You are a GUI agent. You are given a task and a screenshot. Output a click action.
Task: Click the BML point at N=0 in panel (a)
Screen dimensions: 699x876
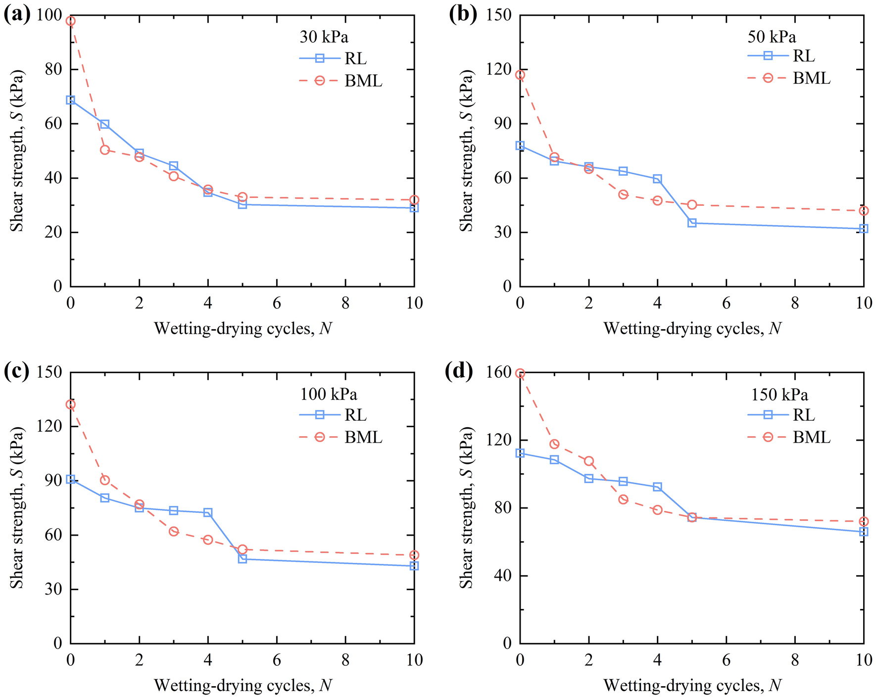pos(70,21)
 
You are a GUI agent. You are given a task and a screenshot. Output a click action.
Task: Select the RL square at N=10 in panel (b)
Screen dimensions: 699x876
pos(864,229)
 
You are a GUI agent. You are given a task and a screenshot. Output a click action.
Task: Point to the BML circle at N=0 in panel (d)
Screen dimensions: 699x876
pos(520,373)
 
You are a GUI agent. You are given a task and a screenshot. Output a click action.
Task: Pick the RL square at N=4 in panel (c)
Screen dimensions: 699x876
pos(208,512)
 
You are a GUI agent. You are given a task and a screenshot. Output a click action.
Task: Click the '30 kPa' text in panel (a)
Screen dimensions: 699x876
pos(324,37)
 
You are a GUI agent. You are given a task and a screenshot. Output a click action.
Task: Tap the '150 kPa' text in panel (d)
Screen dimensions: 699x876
pos(779,395)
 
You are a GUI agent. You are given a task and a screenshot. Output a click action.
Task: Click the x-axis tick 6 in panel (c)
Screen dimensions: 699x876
pos(277,659)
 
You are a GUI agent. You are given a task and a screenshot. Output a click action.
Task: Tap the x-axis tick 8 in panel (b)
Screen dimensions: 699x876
pos(795,302)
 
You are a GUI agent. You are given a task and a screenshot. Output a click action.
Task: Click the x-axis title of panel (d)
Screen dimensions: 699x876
pos(692,685)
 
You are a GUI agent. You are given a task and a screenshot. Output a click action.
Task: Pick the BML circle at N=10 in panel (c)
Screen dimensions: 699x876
pos(414,555)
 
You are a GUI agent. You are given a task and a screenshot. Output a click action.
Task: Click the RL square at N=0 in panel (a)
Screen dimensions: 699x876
pos(70,100)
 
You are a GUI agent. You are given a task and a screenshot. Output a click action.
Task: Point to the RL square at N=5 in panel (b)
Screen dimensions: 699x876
pos(692,223)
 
